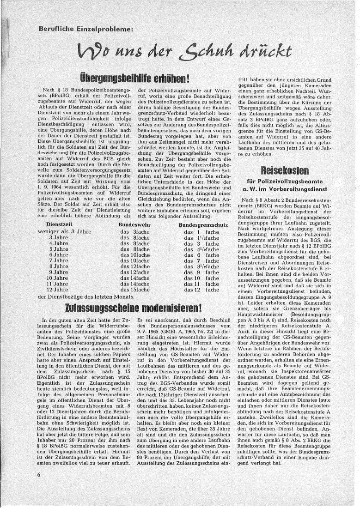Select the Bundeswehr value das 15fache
point(134,290)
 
